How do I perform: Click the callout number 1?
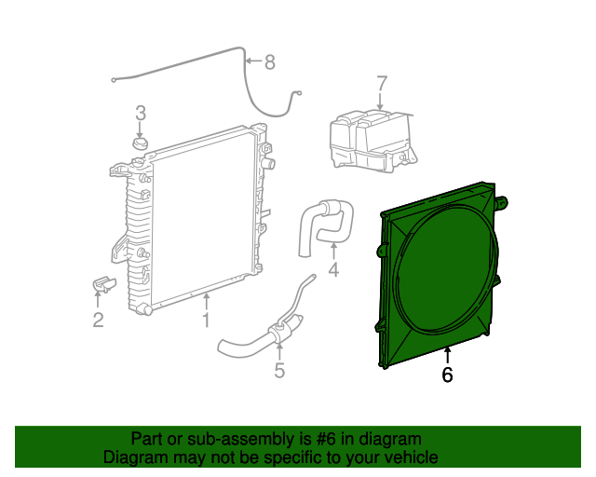[x=206, y=321]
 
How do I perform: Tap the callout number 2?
[x=98, y=321]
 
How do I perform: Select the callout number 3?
[x=141, y=114]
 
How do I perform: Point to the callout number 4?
[x=333, y=271]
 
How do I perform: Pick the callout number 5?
[x=278, y=371]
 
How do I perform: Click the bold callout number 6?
[x=447, y=375]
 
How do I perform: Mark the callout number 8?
[x=269, y=62]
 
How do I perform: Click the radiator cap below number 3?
[x=140, y=143]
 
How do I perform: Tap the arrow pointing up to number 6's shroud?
[x=447, y=355]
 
